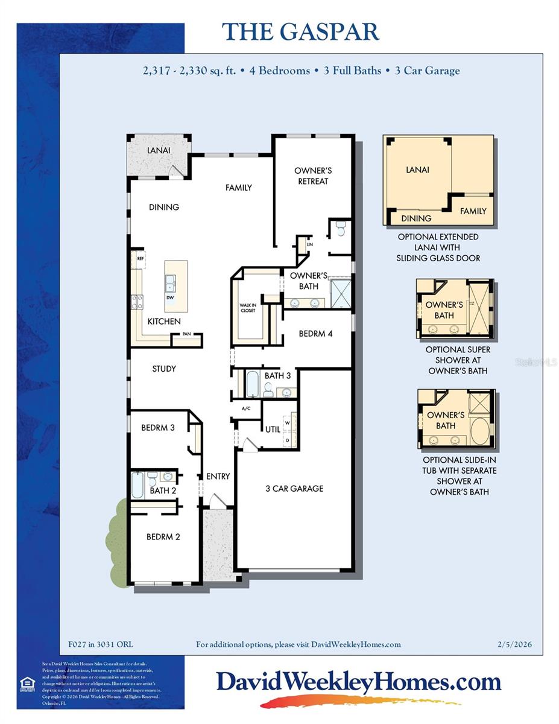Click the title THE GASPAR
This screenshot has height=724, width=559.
pos(300,31)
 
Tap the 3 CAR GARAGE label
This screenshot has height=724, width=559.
pos(294,488)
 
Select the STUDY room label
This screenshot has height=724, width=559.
pos(164,369)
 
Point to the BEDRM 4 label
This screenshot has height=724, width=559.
pos(316,333)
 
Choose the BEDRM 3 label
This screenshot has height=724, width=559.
pos(158,428)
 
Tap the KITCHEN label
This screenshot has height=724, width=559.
pos(165,322)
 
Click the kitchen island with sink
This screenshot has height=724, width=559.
pos(176,281)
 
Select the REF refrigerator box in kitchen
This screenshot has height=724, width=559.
pos(140,258)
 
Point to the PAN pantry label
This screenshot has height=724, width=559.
pos(188,334)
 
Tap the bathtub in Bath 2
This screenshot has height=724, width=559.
pos(138,485)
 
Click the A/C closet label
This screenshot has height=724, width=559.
pos(246,408)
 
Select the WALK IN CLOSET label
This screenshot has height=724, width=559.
pos(248,308)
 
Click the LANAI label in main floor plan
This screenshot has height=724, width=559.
pos(159,150)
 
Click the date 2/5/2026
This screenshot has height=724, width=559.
pos(515,644)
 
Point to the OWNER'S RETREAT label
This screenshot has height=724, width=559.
pos(312,176)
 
